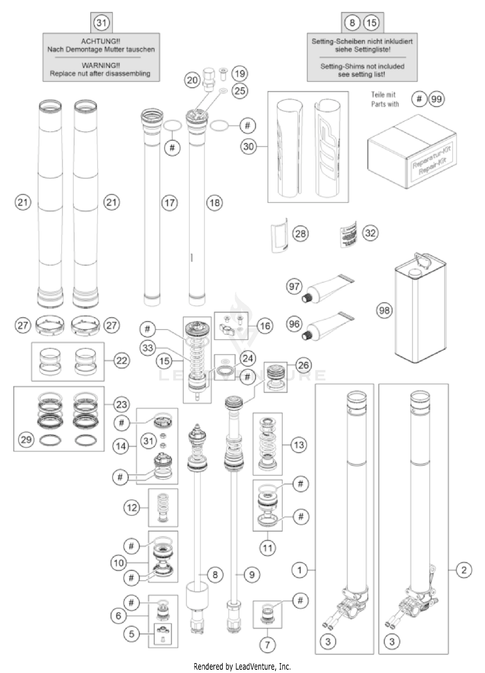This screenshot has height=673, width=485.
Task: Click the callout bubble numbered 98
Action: [x=384, y=310]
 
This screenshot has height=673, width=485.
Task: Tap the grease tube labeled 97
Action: [x=327, y=287]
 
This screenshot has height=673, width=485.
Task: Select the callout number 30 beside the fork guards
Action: [x=248, y=146]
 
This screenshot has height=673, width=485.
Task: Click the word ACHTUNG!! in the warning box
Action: [x=101, y=41]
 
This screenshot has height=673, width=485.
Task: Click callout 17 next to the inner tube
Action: [x=169, y=203]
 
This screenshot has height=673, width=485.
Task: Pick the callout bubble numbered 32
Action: [x=370, y=233]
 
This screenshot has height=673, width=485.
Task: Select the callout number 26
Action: [x=303, y=365]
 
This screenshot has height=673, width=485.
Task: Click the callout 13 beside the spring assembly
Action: [x=299, y=445]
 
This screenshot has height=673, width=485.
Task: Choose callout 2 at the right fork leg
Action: [x=464, y=570]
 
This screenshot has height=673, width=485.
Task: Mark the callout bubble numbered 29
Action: [x=26, y=439]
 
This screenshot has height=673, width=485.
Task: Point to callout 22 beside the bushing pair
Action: [x=122, y=360]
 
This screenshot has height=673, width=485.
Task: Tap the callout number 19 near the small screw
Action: [x=240, y=73]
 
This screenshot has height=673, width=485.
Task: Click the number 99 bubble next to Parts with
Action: [x=436, y=99]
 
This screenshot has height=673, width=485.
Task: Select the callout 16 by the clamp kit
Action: [x=265, y=326]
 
